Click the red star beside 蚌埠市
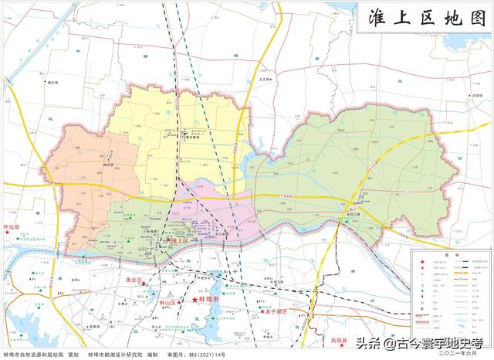point(195,300)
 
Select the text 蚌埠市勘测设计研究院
point(116,354)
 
